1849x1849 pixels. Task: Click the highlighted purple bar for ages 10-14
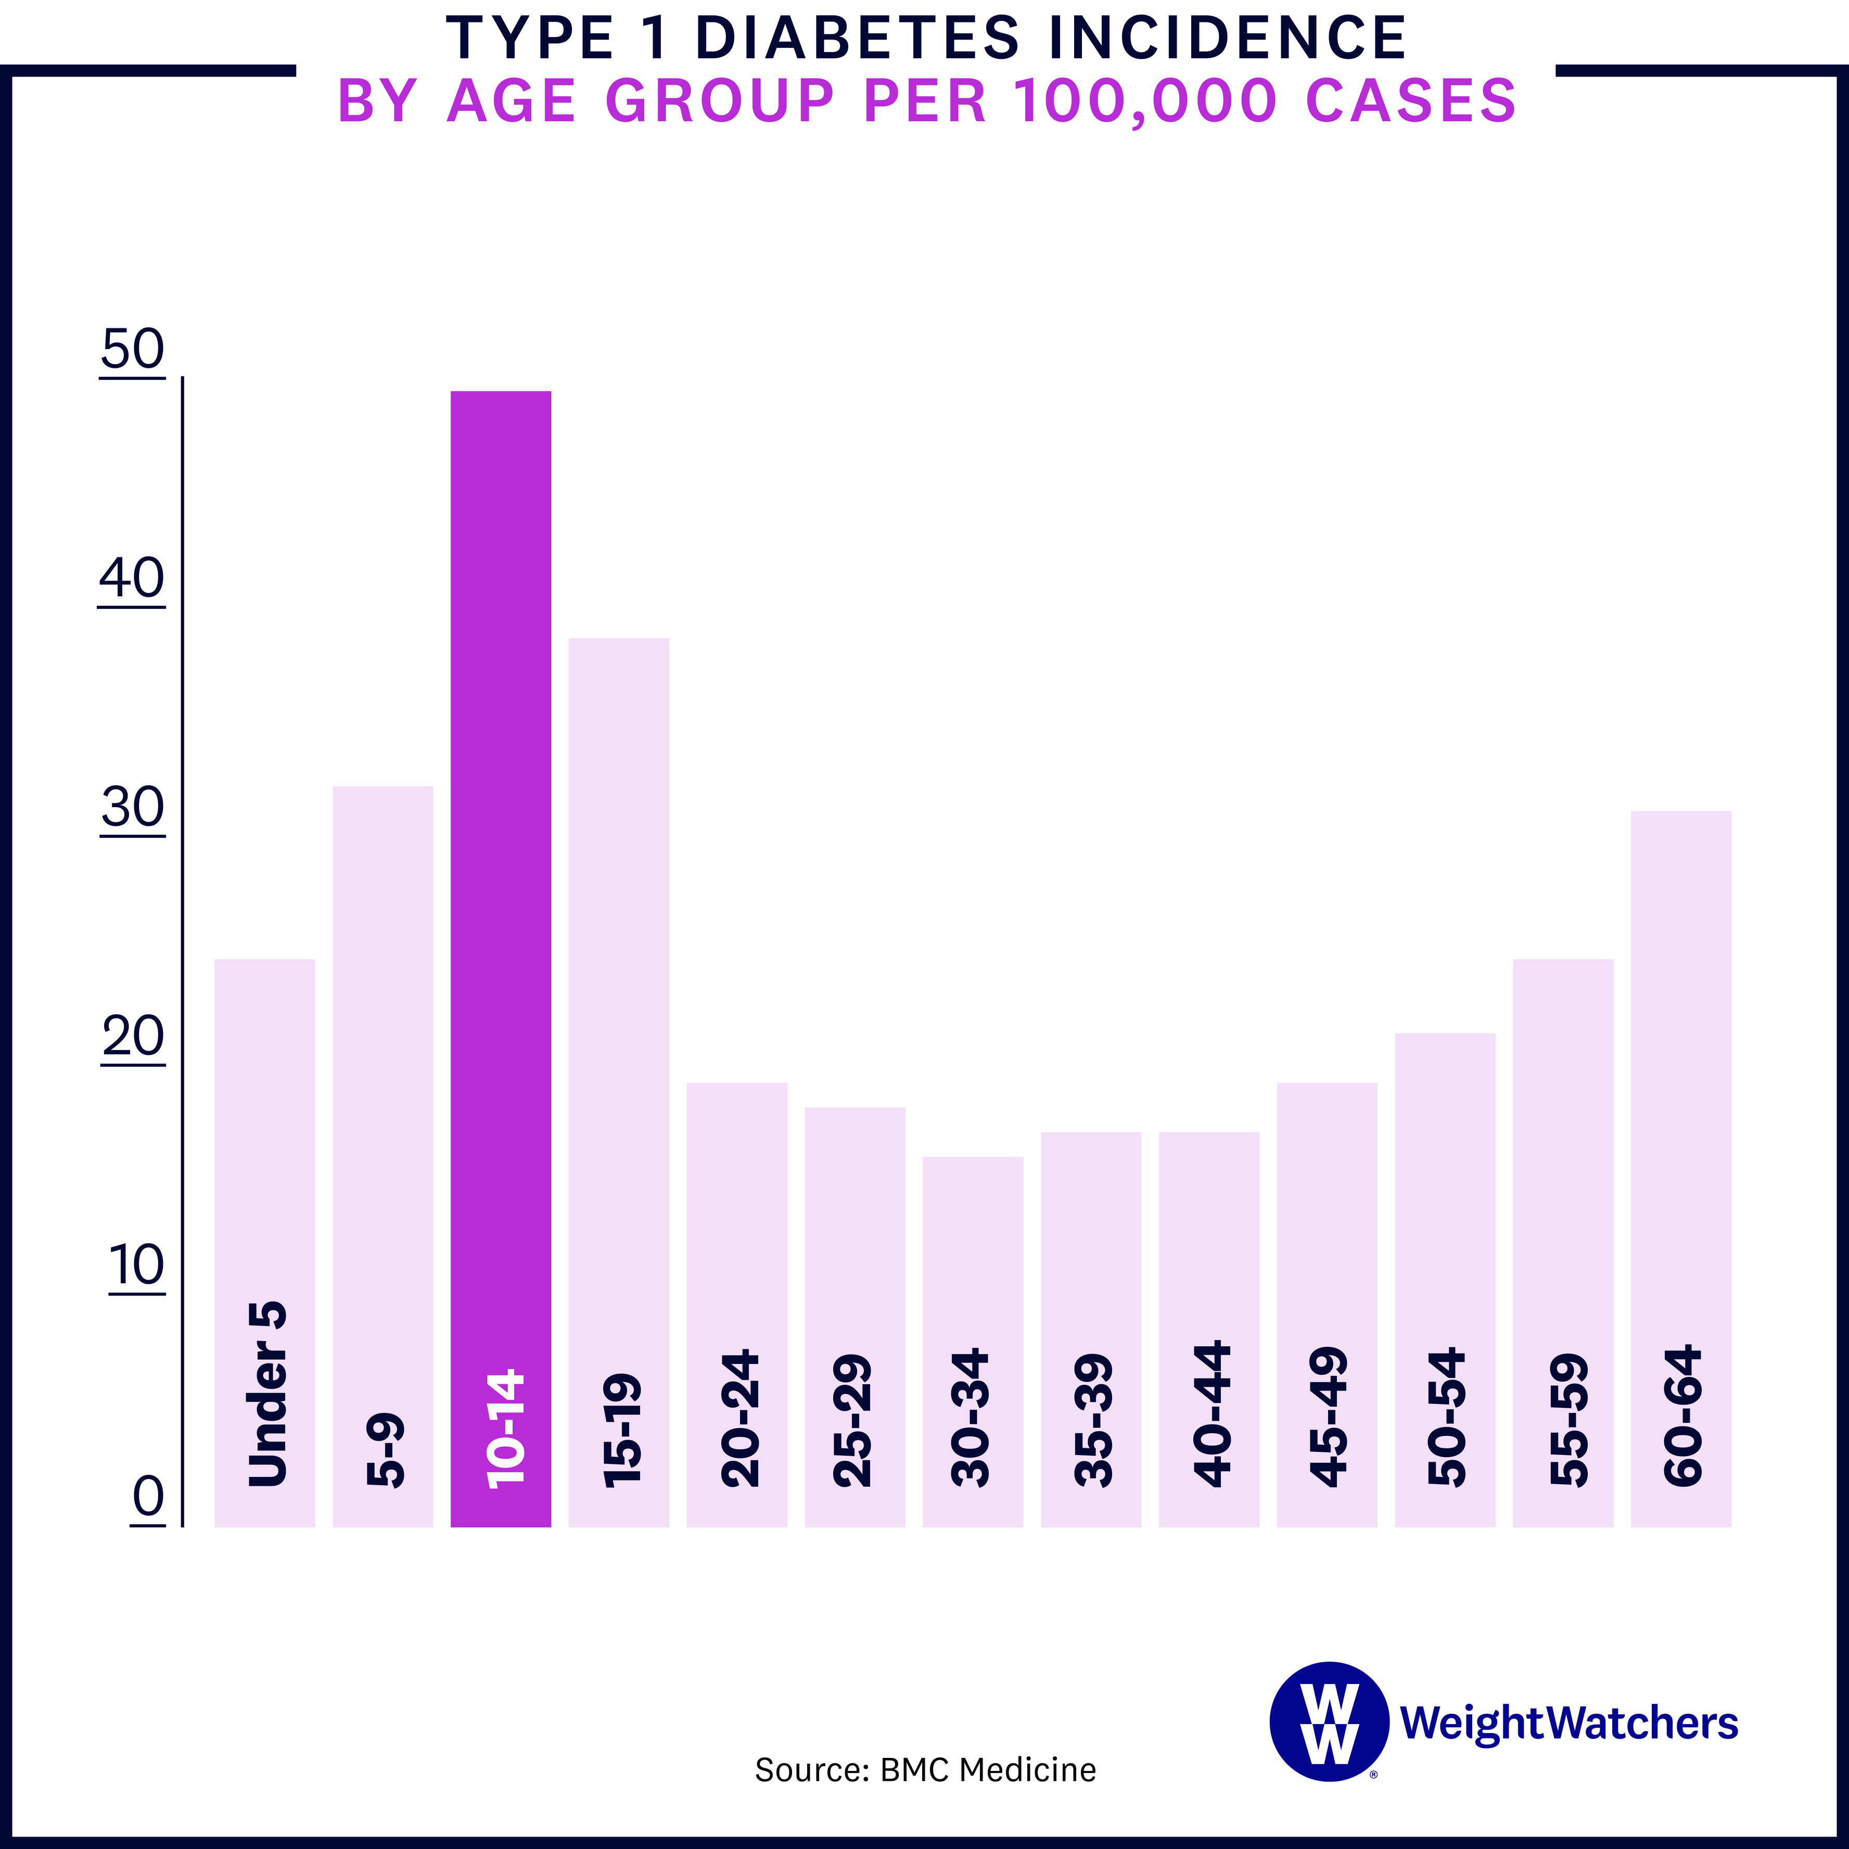coord(501,861)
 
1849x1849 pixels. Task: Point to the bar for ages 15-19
coord(618,957)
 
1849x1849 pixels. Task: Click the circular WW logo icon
coord(1329,1722)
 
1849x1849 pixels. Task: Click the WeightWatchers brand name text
coord(1567,1723)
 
